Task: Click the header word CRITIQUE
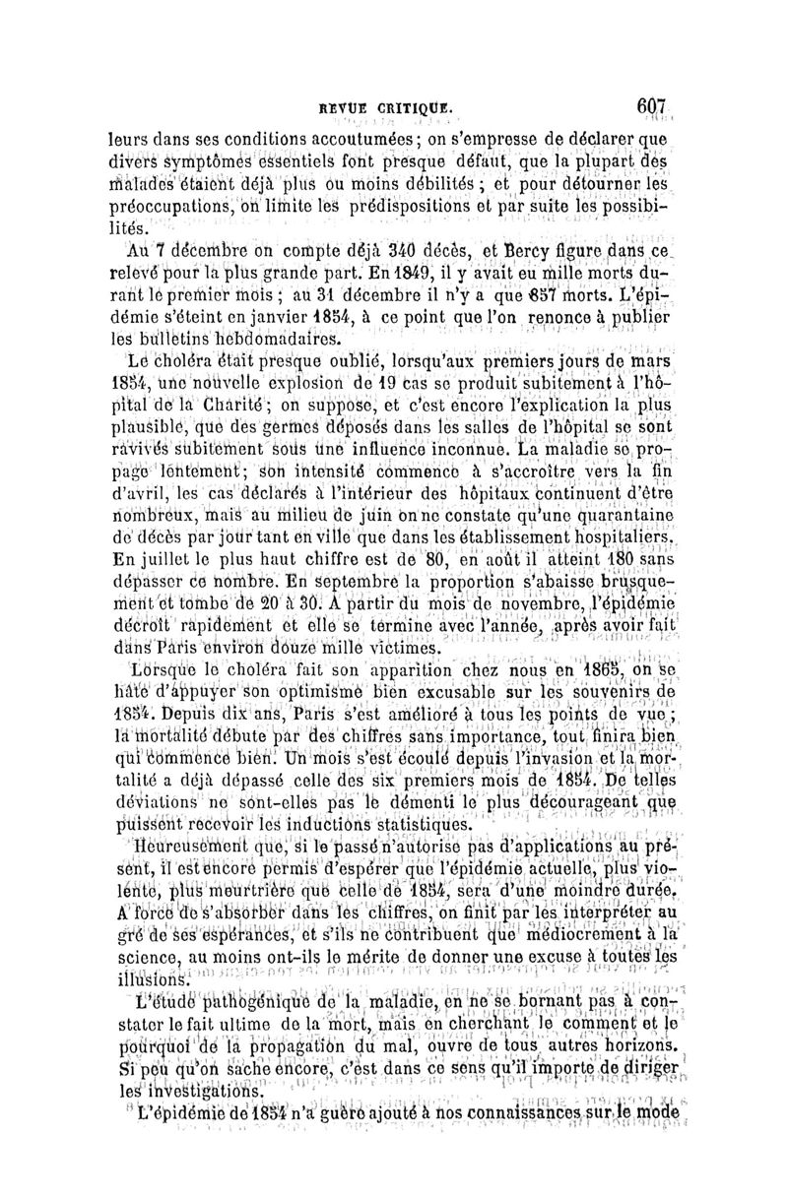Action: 412,106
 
